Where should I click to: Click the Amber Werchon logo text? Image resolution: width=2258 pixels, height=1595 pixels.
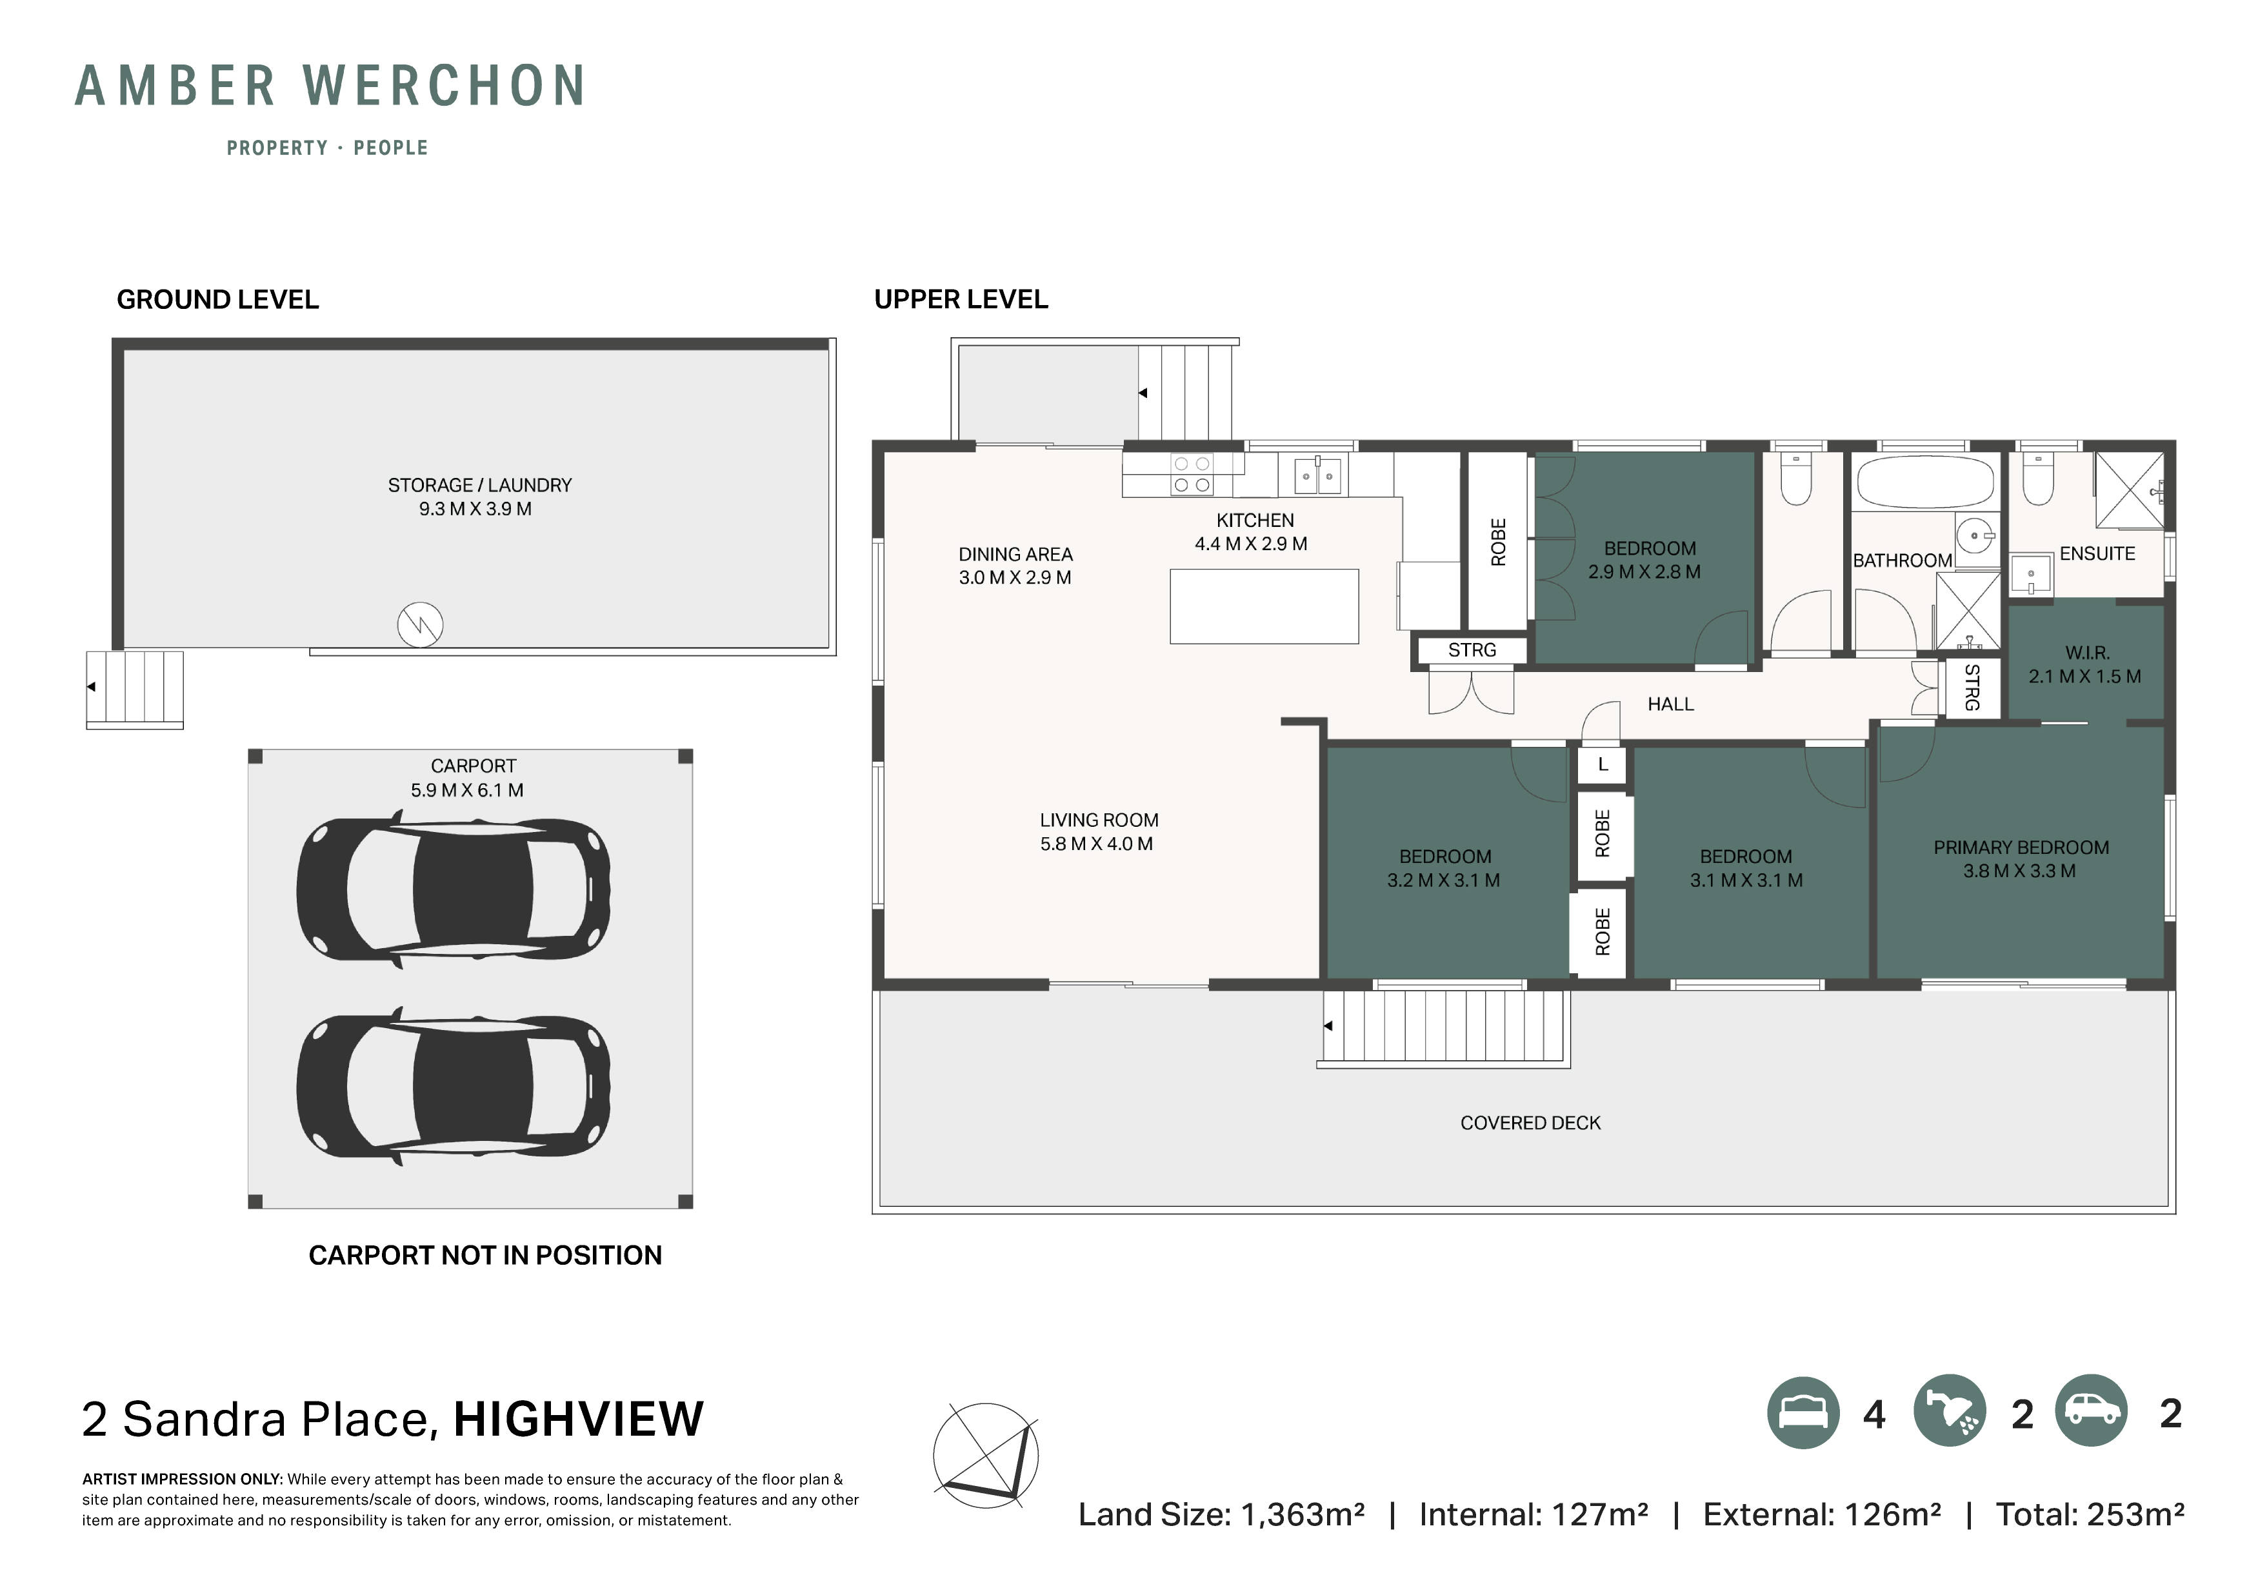330,86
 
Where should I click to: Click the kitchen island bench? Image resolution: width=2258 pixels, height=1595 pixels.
1264,607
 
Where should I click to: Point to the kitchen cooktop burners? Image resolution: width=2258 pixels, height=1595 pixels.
1191,474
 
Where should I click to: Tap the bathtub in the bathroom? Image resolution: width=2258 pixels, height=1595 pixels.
1924,482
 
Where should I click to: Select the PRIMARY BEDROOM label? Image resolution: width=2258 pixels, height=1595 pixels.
2021,858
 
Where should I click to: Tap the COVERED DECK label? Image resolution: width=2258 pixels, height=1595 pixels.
1530,1123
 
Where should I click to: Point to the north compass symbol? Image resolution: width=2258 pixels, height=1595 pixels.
985,1455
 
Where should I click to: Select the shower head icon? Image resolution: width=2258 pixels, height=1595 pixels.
1949,1412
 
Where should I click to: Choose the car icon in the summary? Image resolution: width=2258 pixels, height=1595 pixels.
2091,1411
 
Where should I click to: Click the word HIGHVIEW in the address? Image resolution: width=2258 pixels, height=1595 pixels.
578,1419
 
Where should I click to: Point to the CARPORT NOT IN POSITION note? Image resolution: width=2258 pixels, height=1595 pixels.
485,1256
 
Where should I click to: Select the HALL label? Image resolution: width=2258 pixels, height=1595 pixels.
1670,704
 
